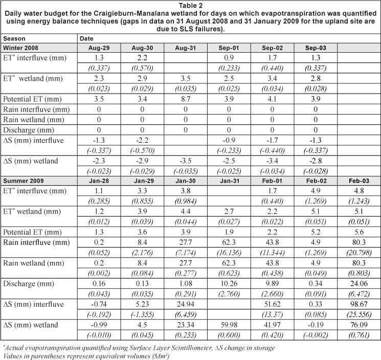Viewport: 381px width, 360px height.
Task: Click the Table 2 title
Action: pyautogui.click(x=190, y=5)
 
